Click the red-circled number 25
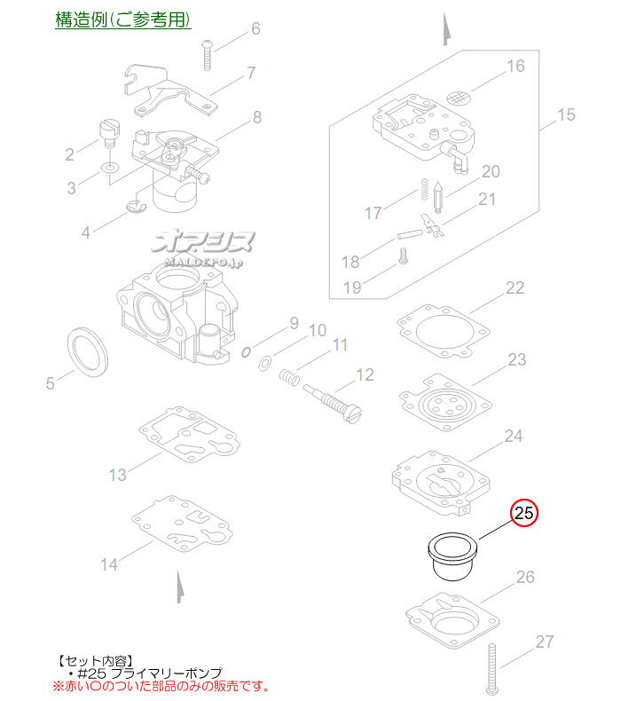(524, 512)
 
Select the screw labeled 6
(207, 55)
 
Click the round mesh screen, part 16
(460, 98)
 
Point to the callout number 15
(566, 114)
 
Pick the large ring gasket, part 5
(88, 352)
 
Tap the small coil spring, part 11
(289, 376)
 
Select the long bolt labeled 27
(492, 669)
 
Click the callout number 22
(515, 287)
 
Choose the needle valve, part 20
(437, 196)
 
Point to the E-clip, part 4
(137, 206)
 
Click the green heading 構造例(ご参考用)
(123, 20)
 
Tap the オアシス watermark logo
(204, 248)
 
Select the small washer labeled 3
(109, 168)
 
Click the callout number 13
(118, 475)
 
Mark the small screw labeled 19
(404, 256)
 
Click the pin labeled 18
(410, 234)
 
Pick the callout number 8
(257, 117)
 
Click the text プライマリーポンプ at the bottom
(166, 673)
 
